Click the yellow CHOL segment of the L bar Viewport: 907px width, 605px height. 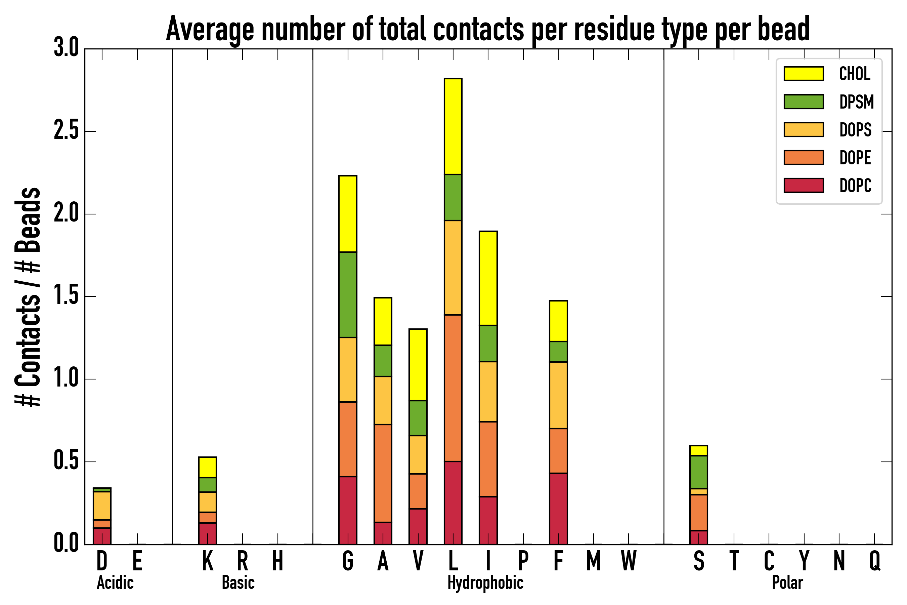[453, 126]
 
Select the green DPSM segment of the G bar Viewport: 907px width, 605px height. [347, 295]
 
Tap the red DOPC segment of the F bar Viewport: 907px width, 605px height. [558, 509]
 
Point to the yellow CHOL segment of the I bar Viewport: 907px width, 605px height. [488, 278]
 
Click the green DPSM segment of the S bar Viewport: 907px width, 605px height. [698, 472]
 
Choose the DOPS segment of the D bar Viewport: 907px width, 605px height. [102, 506]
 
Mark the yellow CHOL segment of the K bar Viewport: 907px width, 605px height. [208, 467]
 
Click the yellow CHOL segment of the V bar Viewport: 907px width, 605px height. [418, 365]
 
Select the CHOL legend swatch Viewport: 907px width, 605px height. [804, 74]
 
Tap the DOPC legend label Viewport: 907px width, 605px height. [855, 186]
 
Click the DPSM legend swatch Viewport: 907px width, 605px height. [804, 102]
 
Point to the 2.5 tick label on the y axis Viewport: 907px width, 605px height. [66, 131]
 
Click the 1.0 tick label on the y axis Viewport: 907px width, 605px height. [66, 379]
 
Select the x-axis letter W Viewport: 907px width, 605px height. [629, 561]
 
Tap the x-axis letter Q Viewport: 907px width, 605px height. [875, 561]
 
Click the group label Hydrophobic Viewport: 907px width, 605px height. [485, 582]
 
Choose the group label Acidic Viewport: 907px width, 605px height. [115, 582]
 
